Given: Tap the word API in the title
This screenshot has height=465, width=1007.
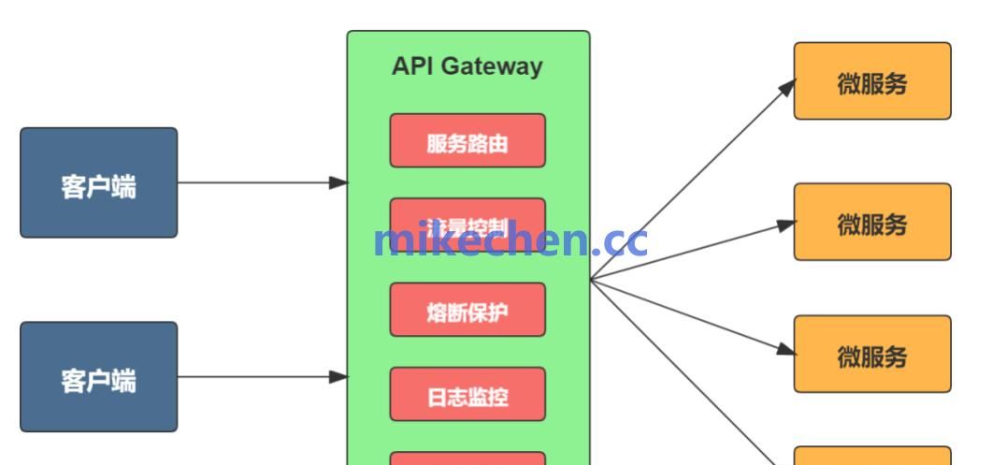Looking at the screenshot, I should click(411, 66).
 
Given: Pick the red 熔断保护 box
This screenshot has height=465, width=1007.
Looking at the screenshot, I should click(468, 310).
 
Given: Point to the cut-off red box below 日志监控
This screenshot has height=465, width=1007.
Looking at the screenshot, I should click(468, 458).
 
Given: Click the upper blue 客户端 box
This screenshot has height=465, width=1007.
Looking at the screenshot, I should click(99, 183).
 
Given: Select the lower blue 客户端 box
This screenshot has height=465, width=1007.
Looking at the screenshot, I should click(99, 377).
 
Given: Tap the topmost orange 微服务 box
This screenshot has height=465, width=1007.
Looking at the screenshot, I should click(872, 81).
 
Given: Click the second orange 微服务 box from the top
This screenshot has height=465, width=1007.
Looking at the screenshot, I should click(872, 222).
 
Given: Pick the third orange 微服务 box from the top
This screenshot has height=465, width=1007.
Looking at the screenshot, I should click(872, 354).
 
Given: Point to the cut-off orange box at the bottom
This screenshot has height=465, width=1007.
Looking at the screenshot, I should click(872, 457).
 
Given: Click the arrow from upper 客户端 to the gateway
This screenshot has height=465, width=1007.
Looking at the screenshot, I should click(262, 183).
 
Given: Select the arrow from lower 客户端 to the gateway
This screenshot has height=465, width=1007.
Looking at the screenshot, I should click(262, 377).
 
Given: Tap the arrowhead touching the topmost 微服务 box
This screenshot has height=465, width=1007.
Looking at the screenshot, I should click(786, 87).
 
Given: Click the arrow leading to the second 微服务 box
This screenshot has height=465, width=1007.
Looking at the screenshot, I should click(692, 251).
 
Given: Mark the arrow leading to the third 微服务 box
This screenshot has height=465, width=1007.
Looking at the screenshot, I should click(692, 316).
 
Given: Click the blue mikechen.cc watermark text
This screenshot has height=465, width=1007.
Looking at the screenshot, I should click(510, 241).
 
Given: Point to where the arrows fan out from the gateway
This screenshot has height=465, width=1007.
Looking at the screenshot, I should click(592, 279).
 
